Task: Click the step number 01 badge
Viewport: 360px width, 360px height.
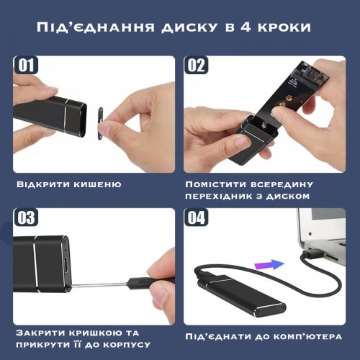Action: [x=26, y=65]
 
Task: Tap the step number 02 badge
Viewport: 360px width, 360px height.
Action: [x=196, y=65]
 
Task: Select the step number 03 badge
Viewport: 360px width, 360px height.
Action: [x=26, y=217]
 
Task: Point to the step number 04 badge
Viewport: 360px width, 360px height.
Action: [x=196, y=217]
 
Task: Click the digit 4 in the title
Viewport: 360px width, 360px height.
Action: [x=245, y=27]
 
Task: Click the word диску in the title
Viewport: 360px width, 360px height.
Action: [x=189, y=27]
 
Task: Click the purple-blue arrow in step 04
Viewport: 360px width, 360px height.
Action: [x=269, y=264]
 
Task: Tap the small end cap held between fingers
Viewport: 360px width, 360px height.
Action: [x=100, y=123]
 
